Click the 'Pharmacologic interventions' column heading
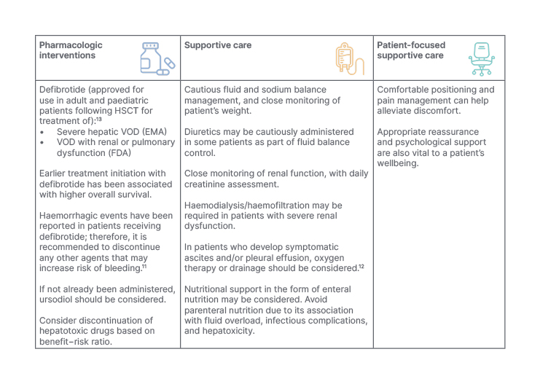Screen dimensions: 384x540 (71, 50)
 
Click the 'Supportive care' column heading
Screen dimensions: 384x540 (218, 45)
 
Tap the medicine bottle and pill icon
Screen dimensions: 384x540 (157, 58)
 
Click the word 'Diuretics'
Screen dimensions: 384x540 (208, 132)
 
